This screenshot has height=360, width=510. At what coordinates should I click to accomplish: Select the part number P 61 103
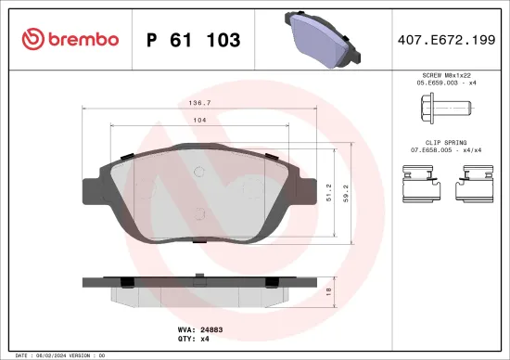193,40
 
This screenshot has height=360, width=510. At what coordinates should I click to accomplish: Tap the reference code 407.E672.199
447,40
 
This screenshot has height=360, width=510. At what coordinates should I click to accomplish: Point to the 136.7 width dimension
216,105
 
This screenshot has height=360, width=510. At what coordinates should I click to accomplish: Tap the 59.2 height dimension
345,192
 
